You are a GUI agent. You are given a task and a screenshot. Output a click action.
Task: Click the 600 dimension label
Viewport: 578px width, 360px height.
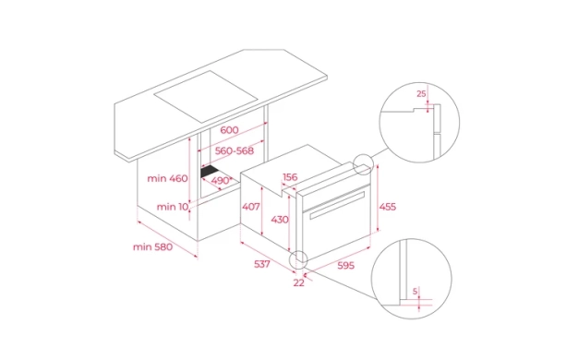click(229, 130)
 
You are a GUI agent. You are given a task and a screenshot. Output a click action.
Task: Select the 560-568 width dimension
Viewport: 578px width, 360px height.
click(235, 150)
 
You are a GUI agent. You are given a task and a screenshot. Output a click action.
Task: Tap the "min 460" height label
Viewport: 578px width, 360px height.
click(167, 178)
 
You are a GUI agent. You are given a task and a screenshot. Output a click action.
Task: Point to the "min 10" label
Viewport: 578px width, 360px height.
click(173, 207)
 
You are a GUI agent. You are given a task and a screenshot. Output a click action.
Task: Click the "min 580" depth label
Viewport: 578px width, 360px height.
click(152, 246)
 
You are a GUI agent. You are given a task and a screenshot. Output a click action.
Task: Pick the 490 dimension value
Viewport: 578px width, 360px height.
click(221, 181)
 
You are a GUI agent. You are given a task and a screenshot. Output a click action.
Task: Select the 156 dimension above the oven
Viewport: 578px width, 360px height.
click(290, 177)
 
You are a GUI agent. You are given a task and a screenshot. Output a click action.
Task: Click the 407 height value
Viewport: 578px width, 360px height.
click(251, 207)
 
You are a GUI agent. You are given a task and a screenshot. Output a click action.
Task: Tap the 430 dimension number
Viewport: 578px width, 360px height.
click(280, 220)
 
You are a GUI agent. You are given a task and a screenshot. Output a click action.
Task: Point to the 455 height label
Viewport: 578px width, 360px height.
click(388, 207)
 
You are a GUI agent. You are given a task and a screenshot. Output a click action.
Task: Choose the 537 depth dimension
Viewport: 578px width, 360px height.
click(262, 264)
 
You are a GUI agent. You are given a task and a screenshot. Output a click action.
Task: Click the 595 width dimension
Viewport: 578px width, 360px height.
click(345, 265)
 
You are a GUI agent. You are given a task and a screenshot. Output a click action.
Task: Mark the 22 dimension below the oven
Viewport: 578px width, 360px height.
click(299, 282)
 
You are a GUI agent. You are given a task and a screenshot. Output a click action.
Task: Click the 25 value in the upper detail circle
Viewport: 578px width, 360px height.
click(421, 93)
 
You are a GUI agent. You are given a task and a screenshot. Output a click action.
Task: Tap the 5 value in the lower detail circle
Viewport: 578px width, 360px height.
click(415, 292)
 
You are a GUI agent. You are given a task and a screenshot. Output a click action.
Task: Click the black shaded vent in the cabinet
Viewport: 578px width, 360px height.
click(210, 172)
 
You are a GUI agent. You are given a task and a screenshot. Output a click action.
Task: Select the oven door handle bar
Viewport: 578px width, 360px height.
click(337, 205)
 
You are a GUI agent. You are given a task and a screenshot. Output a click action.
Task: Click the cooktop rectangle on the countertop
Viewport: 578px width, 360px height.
click(205, 97)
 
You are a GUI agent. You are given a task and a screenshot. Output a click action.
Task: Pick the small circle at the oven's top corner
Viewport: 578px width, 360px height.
click(364, 164)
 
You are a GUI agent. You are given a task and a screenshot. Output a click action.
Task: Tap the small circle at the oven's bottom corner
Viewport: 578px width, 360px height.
click(298, 260)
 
